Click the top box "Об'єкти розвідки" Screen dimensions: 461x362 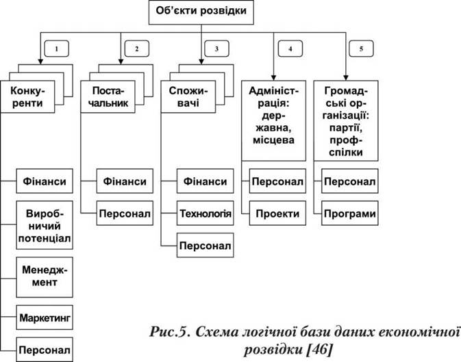click(201, 12)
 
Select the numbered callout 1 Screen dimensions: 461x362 click(56, 49)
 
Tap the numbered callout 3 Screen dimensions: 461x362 click(216, 49)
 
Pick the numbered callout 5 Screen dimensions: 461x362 click(361, 49)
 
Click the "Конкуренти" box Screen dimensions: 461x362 click(27, 96)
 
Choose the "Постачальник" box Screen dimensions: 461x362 click(108, 96)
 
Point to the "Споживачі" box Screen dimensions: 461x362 click(188, 96)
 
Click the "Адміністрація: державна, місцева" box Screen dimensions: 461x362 click(274, 120)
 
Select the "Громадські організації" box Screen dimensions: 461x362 click(346, 120)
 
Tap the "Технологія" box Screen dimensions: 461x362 click(205, 214)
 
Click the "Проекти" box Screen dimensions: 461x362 click(277, 214)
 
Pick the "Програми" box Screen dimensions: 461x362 click(350, 214)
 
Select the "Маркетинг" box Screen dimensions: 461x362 click(45, 318)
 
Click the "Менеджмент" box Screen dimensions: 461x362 click(45, 277)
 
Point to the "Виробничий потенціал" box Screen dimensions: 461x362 click(45, 225)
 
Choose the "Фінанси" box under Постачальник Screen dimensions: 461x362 click(125, 181)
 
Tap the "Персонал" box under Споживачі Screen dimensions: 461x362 click(205, 246)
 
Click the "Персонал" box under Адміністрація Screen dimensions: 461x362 click(277, 181)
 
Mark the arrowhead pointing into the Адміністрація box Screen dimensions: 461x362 click(274, 78)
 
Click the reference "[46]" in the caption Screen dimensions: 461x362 click(319, 350)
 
